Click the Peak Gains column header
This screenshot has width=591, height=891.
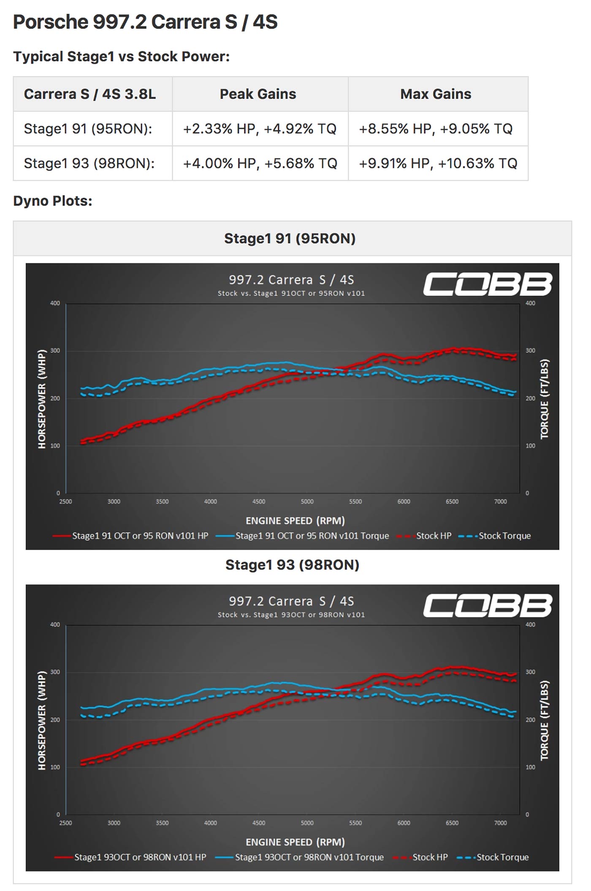pyautogui.click(x=258, y=94)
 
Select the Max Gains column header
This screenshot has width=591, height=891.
pyautogui.click(x=436, y=94)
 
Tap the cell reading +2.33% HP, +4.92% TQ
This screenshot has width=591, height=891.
pyautogui.click(x=260, y=128)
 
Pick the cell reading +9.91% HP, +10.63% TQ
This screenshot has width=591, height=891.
pyautogui.click(x=438, y=163)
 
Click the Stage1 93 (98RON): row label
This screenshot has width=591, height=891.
pyautogui.click(x=89, y=163)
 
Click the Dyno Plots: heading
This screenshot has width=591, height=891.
pyautogui.click(x=53, y=201)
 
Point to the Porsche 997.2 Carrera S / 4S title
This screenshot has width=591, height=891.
pyautogui.click(x=145, y=22)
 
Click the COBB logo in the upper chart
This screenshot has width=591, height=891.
pyautogui.click(x=488, y=284)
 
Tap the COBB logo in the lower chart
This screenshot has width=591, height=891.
pyautogui.click(x=488, y=605)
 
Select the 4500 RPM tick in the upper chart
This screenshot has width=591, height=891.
pyautogui.click(x=259, y=501)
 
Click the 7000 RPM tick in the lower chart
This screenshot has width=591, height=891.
pyautogui.click(x=500, y=823)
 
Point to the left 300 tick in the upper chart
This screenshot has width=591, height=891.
pyautogui.click(x=55, y=351)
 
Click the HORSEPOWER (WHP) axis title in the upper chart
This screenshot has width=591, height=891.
pyautogui.click(x=42, y=399)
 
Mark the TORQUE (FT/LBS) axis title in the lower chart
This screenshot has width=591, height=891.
pyautogui.click(x=545, y=720)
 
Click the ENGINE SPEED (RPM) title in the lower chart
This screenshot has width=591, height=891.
pyautogui.click(x=295, y=842)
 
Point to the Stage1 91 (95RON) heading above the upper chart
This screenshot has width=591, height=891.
pyautogui.click(x=290, y=238)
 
